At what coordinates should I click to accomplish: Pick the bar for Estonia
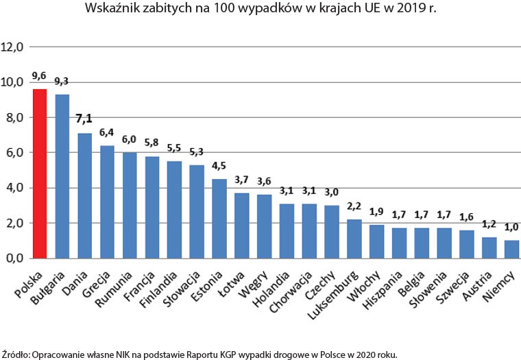(219, 218)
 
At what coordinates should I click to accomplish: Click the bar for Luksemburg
(354, 239)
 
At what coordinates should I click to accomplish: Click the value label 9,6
(39, 76)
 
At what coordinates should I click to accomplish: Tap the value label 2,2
(354, 206)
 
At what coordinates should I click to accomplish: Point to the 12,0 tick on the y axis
(14, 47)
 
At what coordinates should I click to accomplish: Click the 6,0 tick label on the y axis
(14, 153)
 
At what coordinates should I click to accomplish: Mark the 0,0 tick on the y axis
(14, 259)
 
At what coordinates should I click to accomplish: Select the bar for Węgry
(264, 226)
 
